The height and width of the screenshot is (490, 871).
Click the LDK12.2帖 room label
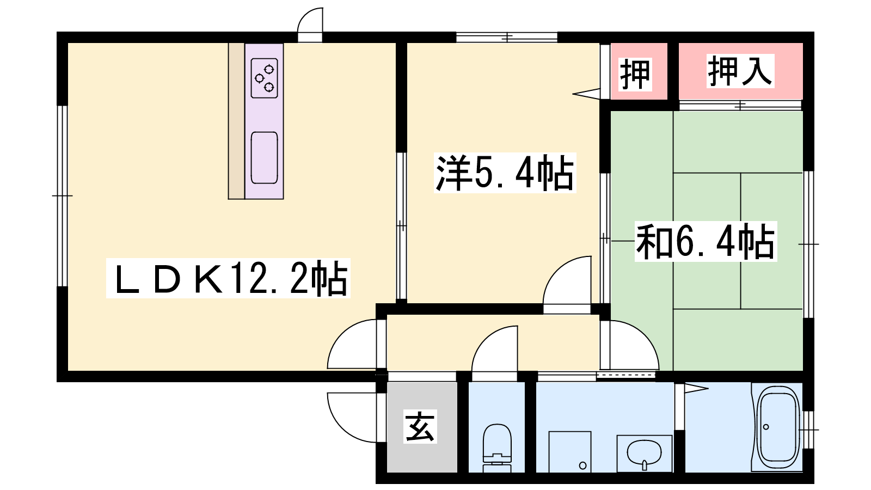228,278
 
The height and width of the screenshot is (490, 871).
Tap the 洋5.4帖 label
505,173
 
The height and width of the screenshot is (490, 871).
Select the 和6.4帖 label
706,242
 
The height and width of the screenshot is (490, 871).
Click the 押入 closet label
740,71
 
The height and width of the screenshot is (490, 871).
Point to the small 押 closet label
635,74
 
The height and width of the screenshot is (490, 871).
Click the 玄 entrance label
420,426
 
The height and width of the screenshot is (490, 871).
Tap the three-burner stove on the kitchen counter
265,78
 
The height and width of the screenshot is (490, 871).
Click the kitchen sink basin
265,157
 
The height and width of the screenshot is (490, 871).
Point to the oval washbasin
645,453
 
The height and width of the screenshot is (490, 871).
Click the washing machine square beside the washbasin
569,452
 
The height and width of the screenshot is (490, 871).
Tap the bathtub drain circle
766,427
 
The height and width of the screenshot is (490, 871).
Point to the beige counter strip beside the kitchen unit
236,121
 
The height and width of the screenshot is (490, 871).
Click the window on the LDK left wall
62,196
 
